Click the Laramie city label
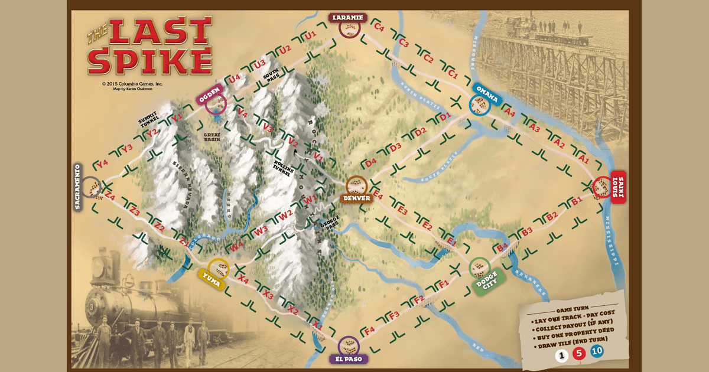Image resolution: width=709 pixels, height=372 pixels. click(348, 18)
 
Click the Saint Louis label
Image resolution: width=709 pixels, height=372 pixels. click(618, 187)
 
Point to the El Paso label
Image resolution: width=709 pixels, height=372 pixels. click(349, 358)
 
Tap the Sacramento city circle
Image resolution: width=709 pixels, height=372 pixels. click(92, 187)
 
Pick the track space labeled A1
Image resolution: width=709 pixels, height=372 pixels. click(583, 159)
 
